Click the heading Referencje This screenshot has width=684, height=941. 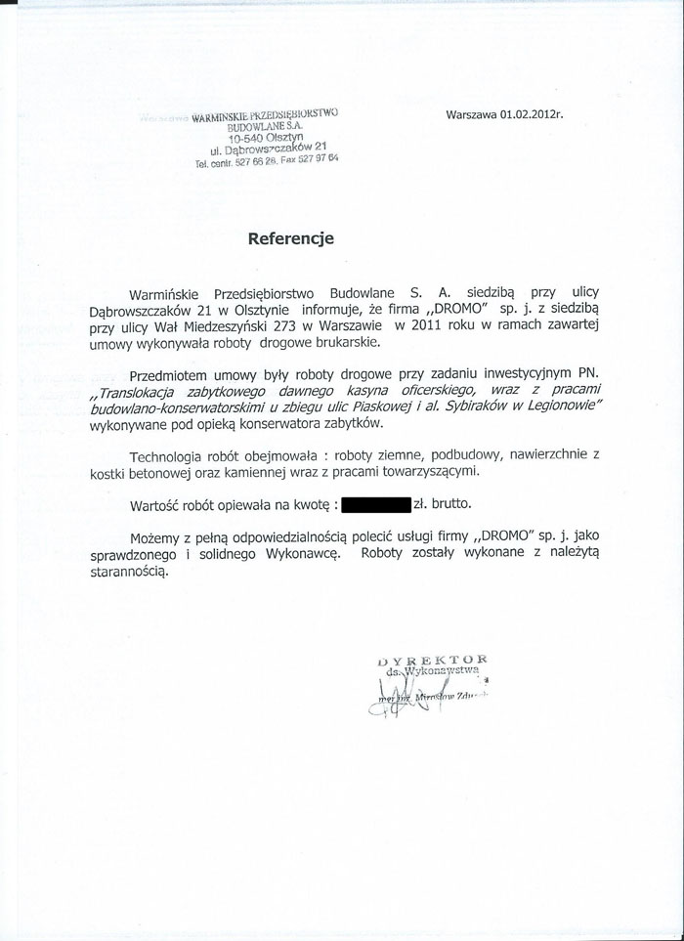coord(291,237)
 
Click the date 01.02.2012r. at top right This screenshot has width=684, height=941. coord(533,113)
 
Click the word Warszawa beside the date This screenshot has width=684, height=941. coord(472,113)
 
